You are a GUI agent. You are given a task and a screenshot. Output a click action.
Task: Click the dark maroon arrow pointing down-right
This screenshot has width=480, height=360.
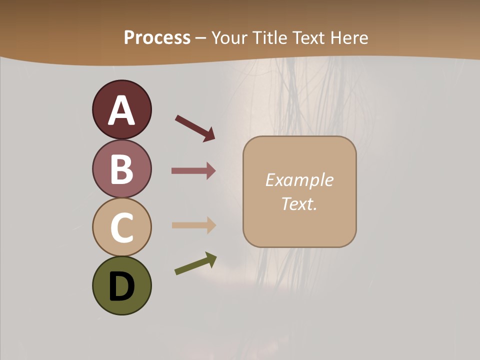195,128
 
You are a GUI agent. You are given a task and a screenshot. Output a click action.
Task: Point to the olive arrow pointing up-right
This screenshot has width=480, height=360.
195,264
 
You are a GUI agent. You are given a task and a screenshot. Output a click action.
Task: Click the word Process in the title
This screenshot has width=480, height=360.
157,37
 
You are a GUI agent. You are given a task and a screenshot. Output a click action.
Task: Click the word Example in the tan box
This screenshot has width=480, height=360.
299,180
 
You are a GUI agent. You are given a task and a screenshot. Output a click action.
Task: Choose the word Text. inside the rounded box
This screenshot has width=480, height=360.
299,203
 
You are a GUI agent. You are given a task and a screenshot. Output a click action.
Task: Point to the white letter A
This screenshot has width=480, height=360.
121,111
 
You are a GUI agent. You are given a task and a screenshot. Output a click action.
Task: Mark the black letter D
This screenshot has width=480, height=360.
121,286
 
